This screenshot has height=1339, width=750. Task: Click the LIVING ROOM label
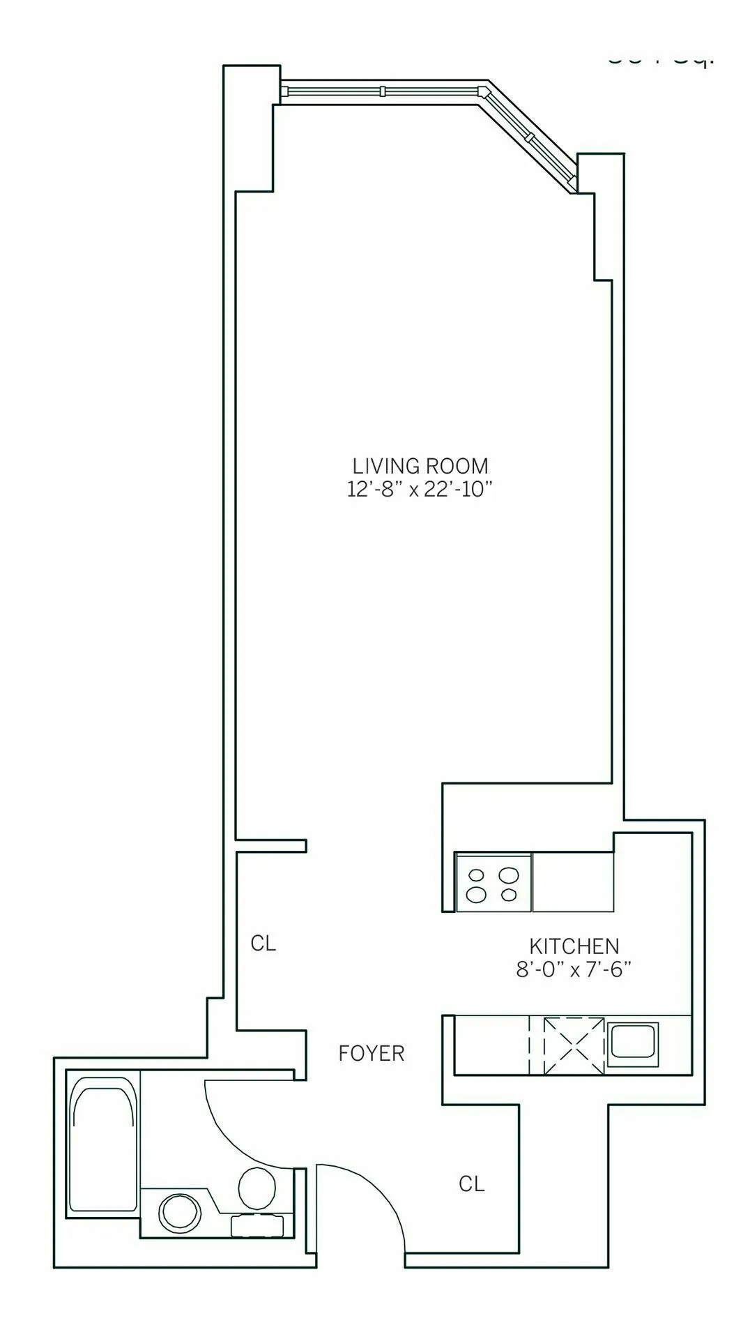tap(420, 466)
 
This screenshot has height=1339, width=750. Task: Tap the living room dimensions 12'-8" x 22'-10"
tap(420, 490)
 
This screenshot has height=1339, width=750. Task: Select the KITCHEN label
tap(574, 946)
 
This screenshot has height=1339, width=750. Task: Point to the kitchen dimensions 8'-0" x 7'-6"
tap(574, 970)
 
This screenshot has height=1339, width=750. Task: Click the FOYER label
tap(371, 1053)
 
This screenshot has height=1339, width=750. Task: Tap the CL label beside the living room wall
tap(263, 944)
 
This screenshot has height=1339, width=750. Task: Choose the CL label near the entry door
tap(471, 1184)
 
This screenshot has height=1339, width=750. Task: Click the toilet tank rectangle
tap(258, 1225)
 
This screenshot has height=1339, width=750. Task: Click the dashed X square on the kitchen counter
tap(574, 1045)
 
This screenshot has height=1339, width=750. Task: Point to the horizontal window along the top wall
tap(382, 91)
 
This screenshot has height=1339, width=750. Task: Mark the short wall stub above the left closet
tap(272, 846)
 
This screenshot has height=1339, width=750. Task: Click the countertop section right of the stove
tap(572, 882)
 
